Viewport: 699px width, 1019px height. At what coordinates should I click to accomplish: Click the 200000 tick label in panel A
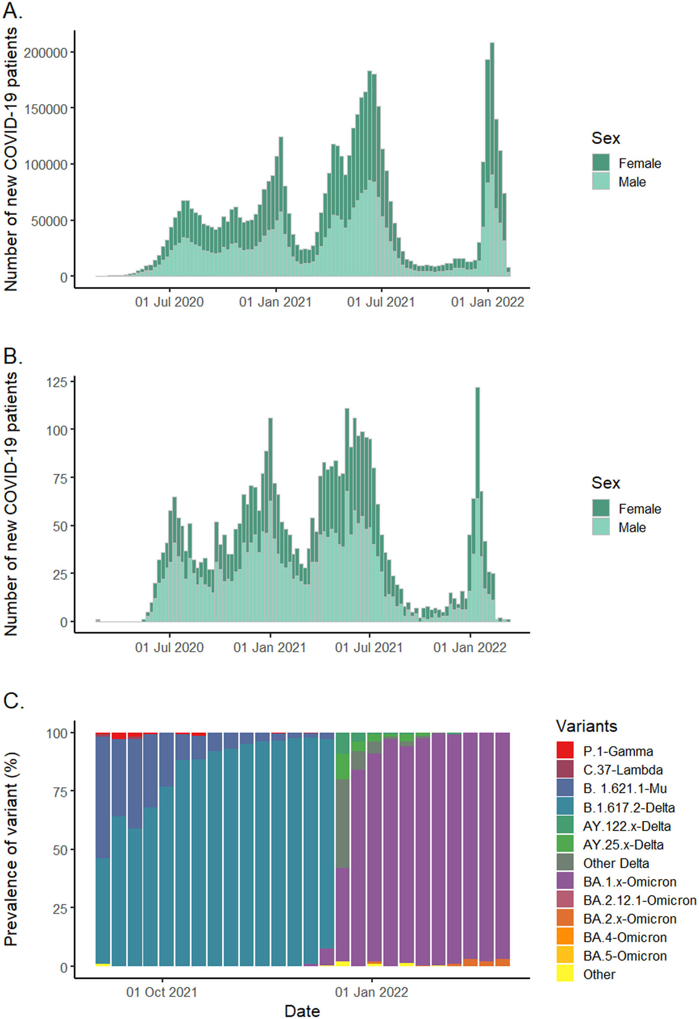[x=46, y=53]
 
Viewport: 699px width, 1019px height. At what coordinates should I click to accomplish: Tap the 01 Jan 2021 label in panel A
[x=275, y=302]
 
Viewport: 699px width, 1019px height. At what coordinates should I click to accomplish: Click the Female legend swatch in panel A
[x=600, y=163]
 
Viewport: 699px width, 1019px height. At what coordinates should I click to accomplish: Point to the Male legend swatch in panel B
[x=600, y=526]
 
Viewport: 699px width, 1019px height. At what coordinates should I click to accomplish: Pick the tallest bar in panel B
[x=478, y=504]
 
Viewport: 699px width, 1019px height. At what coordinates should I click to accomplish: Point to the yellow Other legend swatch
[x=565, y=974]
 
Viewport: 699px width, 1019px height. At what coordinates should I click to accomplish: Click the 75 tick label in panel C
[x=57, y=791]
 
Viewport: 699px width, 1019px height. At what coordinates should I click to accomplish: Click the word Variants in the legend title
[x=586, y=726]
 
